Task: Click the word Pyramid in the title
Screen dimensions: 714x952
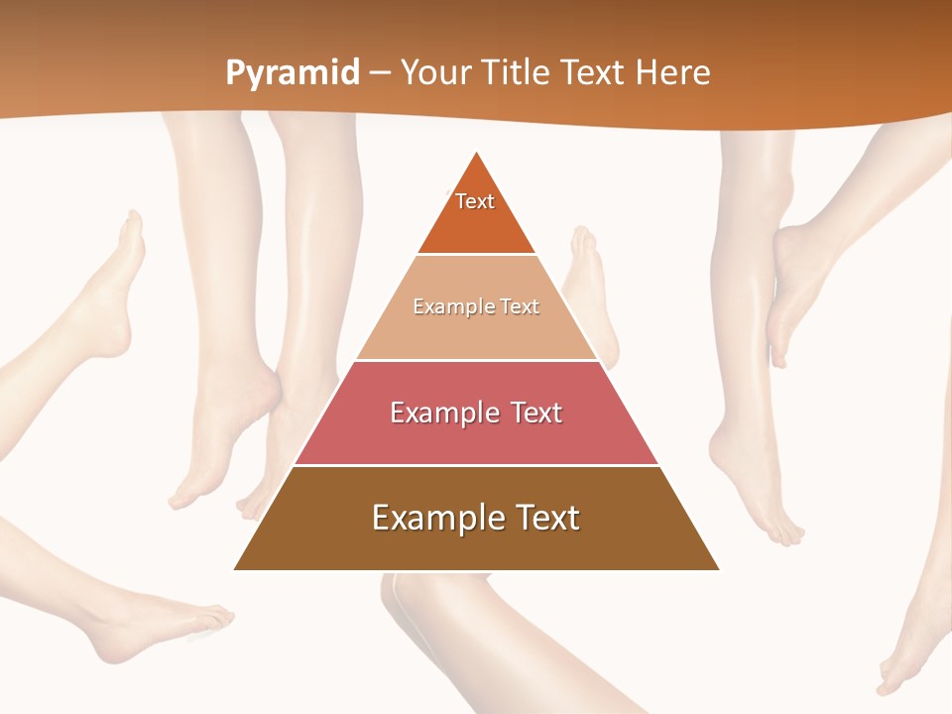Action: tap(293, 73)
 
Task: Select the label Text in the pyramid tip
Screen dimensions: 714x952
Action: tap(475, 201)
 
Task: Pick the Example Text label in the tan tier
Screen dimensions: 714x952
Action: tap(476, 307)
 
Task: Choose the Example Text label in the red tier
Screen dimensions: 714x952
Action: tap(476, 413)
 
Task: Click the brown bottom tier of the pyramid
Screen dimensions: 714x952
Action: tap(476, 545)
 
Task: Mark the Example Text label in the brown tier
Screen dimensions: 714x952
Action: tap(476, 518)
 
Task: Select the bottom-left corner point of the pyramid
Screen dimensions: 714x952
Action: tap(234, 569)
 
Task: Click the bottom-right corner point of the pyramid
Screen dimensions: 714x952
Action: tap(719, 569)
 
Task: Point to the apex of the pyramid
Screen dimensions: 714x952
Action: tap(477, 152)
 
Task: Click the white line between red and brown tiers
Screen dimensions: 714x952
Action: tap(476, 465)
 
